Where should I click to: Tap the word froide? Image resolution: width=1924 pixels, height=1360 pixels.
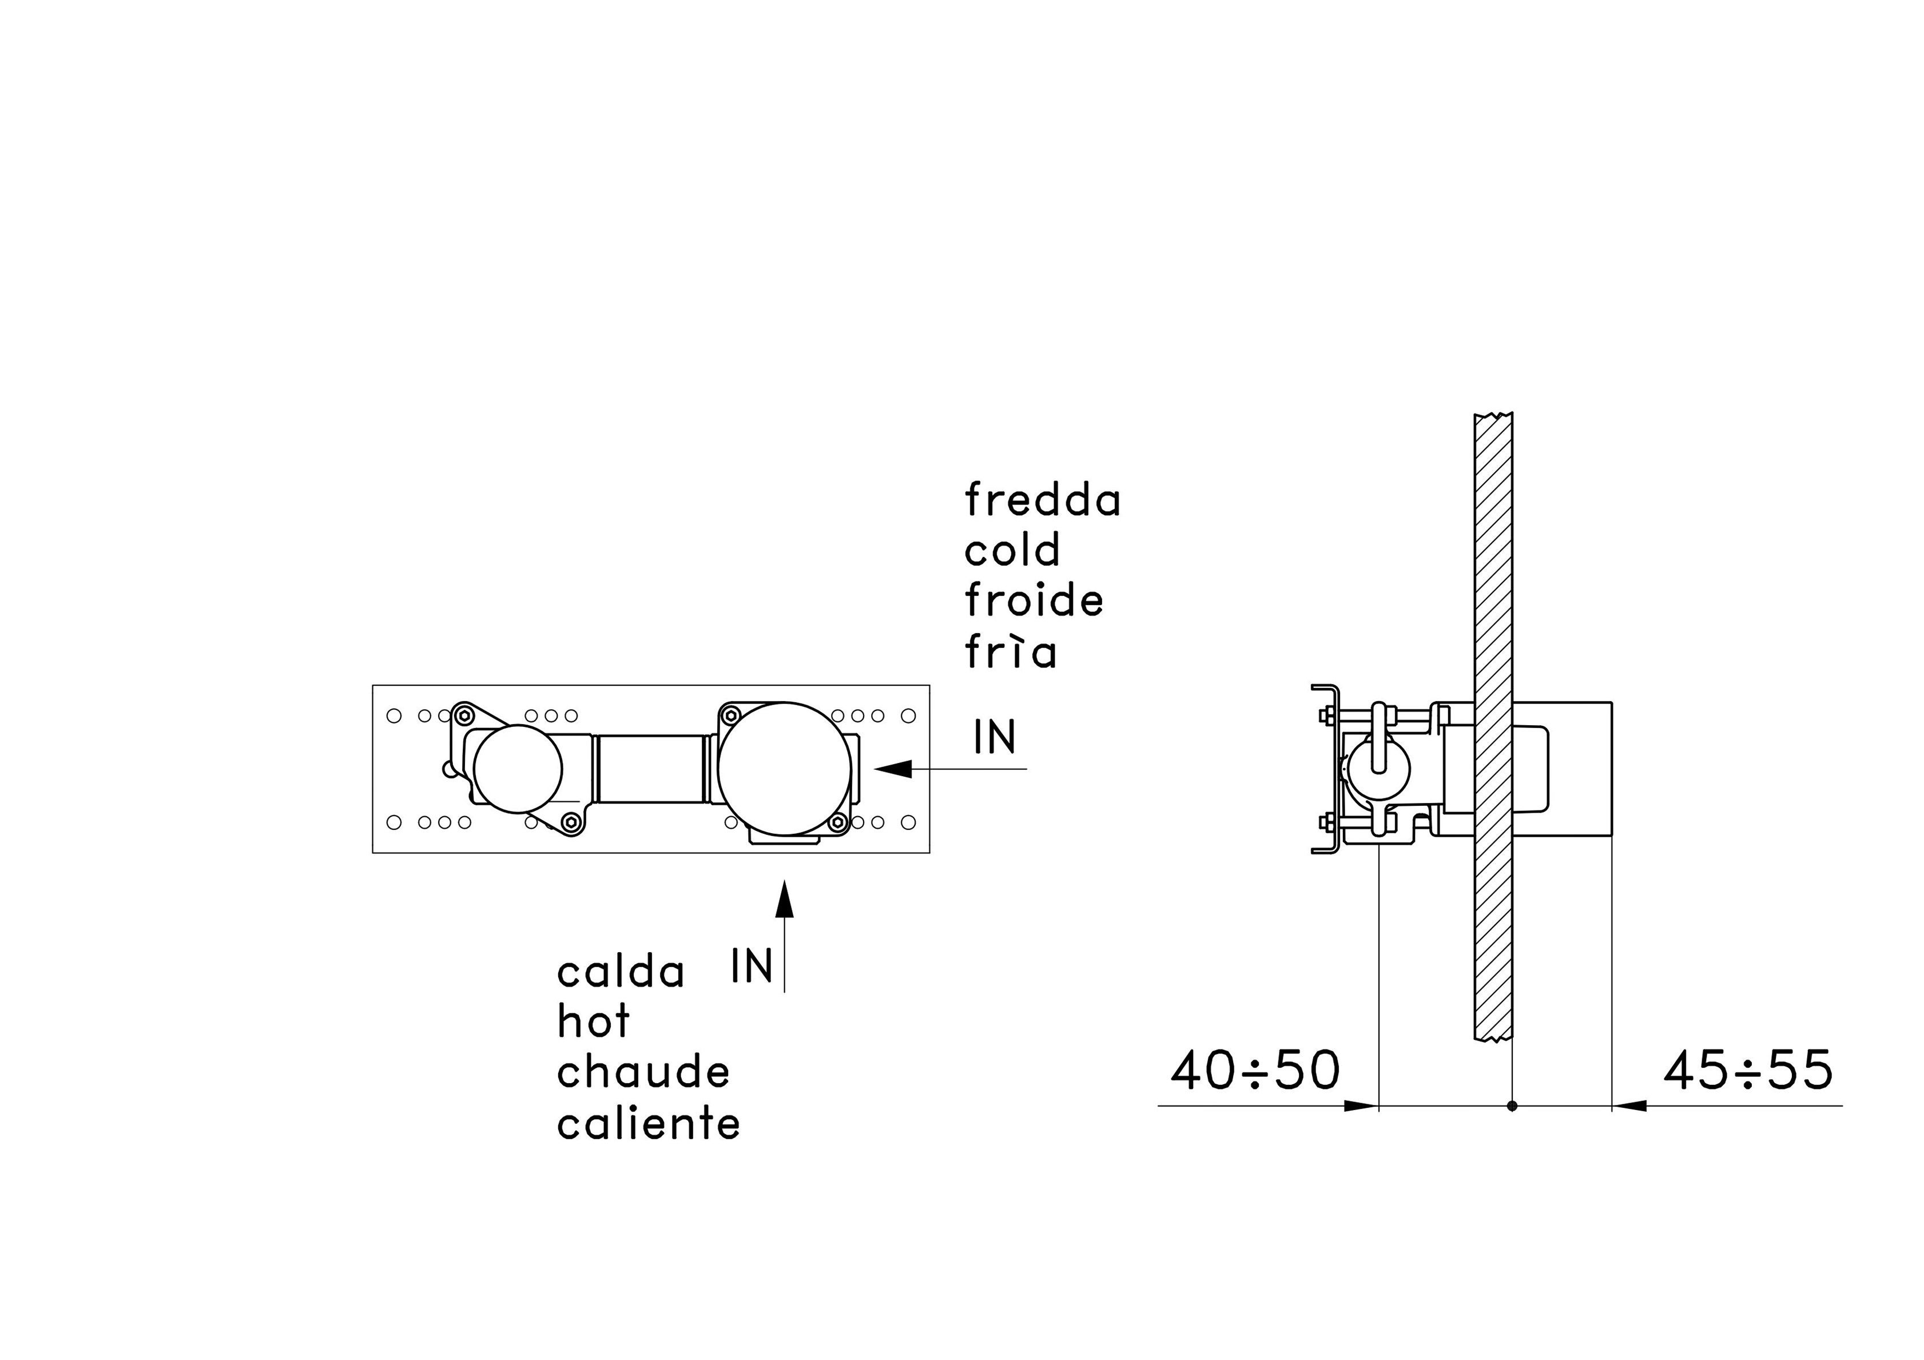(x=1033, y=601)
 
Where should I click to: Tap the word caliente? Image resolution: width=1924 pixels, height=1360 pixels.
(x=649, y=1124)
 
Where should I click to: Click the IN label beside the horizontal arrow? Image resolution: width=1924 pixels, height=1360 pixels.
(x=995, y=737)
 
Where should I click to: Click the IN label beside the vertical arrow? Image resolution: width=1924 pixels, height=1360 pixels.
(x=751, y=965)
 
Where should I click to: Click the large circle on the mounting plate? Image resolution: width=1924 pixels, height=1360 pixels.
(x=784, y=769)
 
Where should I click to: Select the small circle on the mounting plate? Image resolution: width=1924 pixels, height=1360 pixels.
(x=517, y=769)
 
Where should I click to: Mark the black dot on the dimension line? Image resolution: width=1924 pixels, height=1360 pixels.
(x=1512, y=1106)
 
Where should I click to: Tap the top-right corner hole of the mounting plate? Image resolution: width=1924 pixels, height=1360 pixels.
(x=908, y=715)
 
